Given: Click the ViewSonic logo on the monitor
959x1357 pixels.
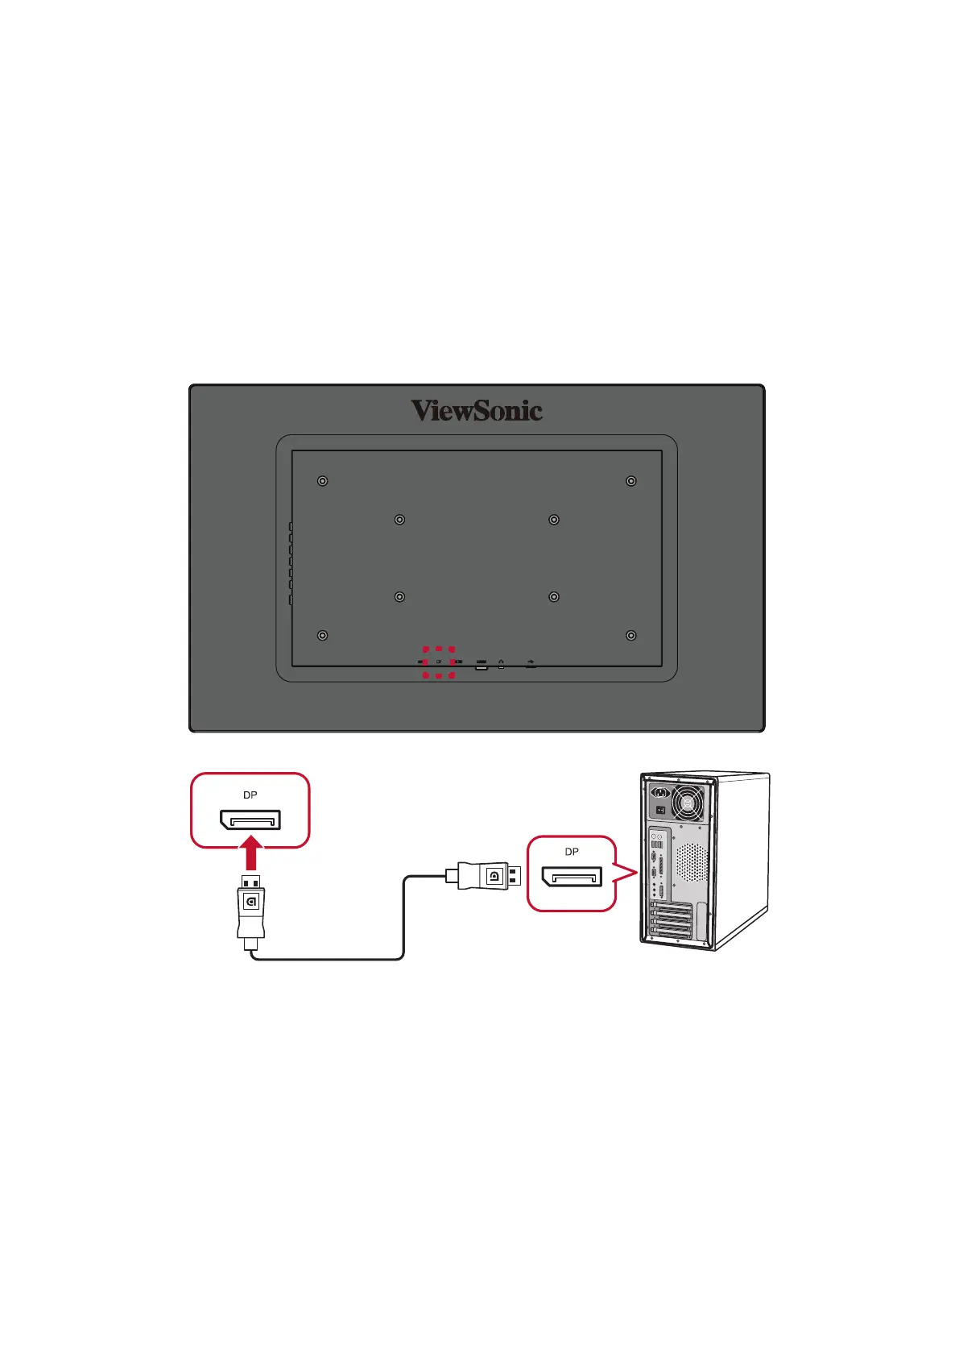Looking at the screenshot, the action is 477,411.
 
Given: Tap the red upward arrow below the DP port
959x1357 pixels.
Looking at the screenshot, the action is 251,854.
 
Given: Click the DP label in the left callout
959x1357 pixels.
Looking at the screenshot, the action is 250,795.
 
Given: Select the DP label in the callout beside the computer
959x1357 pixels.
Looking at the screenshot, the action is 572,852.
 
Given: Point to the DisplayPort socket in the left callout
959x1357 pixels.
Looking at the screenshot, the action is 250,820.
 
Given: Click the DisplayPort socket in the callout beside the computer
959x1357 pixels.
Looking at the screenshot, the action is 572,877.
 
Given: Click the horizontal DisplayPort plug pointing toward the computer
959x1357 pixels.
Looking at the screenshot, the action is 487,875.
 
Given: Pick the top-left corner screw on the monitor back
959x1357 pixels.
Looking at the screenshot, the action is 322,481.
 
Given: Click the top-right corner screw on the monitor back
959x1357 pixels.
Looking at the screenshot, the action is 631,481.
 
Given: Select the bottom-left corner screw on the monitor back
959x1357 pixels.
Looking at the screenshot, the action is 322,636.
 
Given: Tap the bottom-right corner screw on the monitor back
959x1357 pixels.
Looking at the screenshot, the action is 631,636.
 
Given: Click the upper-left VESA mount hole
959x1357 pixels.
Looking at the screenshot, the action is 399,520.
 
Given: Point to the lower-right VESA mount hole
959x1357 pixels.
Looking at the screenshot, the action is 554,597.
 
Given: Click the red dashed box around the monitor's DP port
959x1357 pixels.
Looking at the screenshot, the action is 439,662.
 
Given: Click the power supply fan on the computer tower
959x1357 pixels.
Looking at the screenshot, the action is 687,803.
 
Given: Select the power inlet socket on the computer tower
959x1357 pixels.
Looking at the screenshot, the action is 661,793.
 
